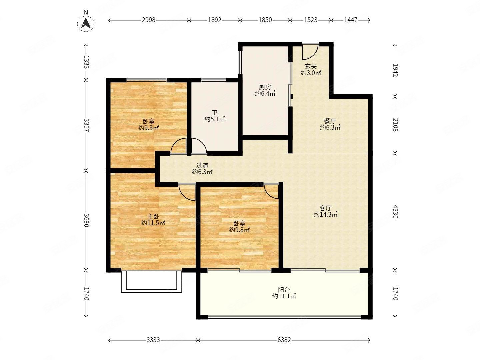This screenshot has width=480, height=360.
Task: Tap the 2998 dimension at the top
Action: coord(148,20)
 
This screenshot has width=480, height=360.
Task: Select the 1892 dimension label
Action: coord(215,20)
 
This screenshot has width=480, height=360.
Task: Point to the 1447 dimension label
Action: coord(351,20)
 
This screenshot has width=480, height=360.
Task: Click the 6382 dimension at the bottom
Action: coord(284,340)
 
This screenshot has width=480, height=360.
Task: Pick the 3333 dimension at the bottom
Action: coord(153,340)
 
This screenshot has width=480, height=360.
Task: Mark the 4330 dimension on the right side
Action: coord(395,211)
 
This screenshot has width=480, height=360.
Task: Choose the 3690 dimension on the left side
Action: coord(86,220)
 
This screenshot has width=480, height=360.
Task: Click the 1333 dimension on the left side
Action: coord(86,62)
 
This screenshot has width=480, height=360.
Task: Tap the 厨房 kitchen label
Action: coord(265,87)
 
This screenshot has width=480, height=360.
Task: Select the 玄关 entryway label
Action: coord(311,66)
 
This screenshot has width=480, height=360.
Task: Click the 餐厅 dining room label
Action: coord(330,121)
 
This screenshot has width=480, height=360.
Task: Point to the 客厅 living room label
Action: coord(325,208)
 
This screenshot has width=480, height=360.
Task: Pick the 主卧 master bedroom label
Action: coord(153,216)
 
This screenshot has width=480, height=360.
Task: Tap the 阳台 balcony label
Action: coord(284,290)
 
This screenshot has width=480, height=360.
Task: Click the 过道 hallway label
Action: coord(202,165)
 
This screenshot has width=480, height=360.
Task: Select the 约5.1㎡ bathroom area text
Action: coord(215,119)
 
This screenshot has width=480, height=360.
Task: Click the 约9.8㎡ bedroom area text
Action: coord(239,230)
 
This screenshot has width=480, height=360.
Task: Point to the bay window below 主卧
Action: coord(152,282)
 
